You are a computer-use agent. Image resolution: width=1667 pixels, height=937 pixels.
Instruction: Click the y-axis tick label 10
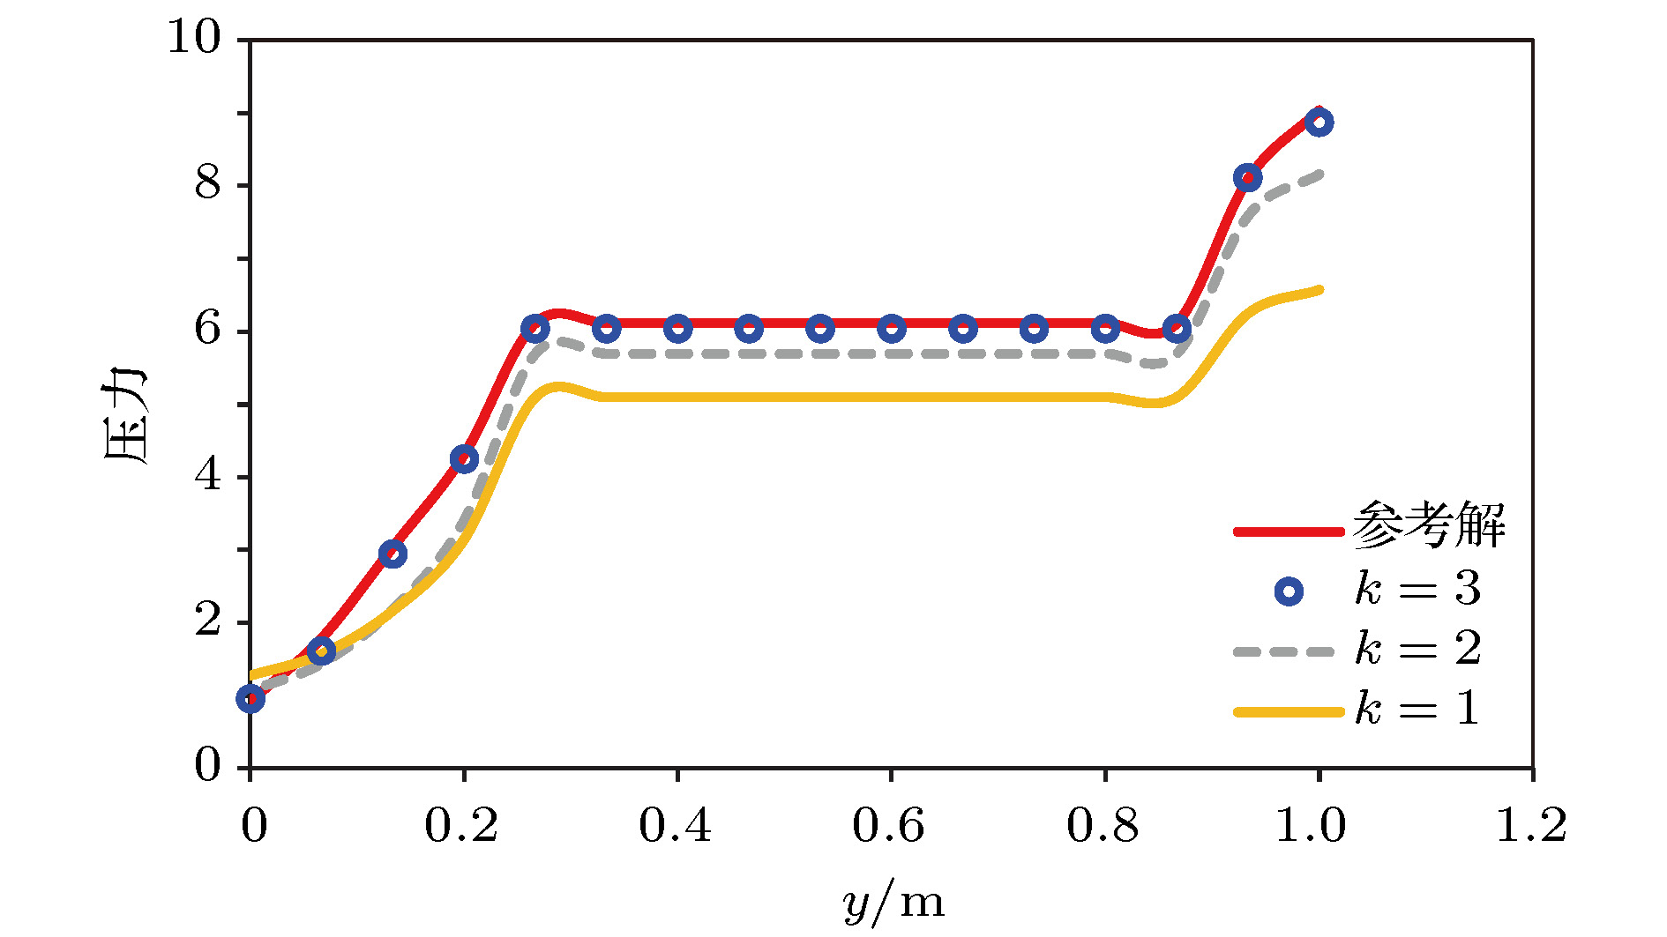(194, 38)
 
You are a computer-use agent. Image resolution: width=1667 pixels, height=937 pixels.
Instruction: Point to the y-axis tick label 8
(208, 184)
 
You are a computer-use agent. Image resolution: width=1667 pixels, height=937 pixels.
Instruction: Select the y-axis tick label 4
(208, 476)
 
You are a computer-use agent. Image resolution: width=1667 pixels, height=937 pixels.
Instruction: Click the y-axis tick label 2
(208, 621)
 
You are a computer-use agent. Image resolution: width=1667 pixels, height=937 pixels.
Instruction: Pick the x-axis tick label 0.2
(460, 826)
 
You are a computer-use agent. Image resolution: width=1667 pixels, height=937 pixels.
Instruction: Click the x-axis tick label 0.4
(675, 826)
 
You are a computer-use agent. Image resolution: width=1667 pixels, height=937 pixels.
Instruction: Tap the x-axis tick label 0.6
(888, 826)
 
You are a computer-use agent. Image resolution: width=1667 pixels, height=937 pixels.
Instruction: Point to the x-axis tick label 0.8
(1103, 826)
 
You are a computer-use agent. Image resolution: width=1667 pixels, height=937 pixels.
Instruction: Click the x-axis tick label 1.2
(1531, 826)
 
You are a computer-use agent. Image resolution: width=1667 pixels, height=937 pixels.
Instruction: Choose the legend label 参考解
(1429, 526)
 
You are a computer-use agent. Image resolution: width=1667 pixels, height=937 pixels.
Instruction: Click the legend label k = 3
(1418, 589)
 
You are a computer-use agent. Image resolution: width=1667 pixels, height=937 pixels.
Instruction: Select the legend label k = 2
(1418, 650)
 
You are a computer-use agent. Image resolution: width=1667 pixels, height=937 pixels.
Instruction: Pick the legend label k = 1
(1417, 709)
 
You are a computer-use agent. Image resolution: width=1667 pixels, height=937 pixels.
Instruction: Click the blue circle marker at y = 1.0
(1319, 123)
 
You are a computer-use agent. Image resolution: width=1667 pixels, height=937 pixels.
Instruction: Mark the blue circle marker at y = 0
(250, 699)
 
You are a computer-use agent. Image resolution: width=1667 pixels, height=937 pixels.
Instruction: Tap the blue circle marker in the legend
(1289, 591)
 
